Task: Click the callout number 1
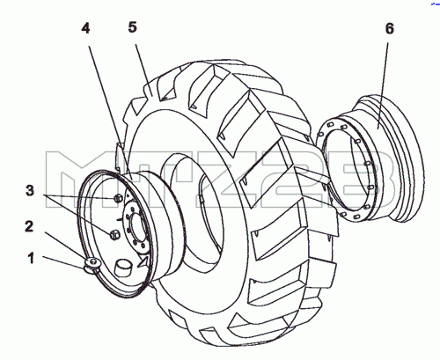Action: tap(31, 259)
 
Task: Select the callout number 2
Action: tap(29, 227)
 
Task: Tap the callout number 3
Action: tap(30, 191)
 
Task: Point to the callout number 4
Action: tap(85, 28)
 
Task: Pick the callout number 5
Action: tap(133, 27)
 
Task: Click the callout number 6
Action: tap(389, 28)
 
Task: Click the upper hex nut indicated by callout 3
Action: tap(118, 198)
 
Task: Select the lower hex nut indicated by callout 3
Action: tap(114, 234)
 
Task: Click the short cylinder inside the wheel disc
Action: tap(122, 268)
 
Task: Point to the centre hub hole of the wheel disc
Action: tap(138, 226)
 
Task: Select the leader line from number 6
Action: tap(383, 85)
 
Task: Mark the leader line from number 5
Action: tap(143, 70)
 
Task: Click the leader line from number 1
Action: tap(64, 262)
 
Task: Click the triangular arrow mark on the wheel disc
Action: tap(143, 261)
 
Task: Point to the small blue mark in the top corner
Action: tap(436, 4)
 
